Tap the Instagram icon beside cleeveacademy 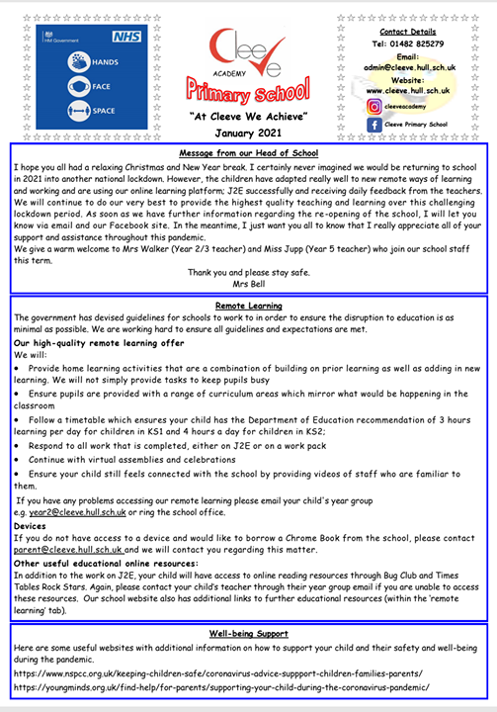coord(374,106)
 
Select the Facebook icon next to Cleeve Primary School coord(374,126)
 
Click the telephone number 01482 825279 coord(407,44)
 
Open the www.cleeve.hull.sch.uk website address coord(407,90)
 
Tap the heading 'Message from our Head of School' coord(248,153)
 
